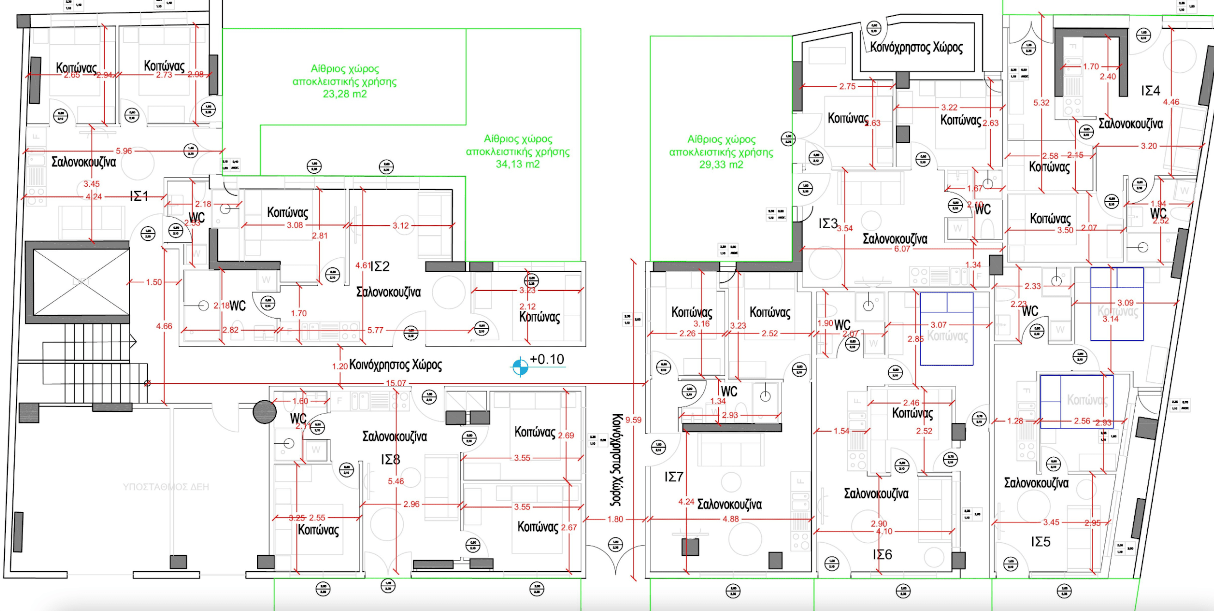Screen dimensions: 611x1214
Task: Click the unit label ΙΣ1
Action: [139, 196]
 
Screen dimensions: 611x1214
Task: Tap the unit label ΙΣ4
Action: [1150, 90]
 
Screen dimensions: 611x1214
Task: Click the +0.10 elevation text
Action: [547, 359]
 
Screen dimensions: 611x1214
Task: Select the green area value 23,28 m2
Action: [345, 94]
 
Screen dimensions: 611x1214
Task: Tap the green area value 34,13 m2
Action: [518, 164]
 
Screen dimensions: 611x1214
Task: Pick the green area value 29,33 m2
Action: [721, 164]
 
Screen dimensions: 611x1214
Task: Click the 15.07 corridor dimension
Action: [395, 383]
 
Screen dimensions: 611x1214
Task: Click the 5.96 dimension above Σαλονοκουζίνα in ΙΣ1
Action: [124, 151]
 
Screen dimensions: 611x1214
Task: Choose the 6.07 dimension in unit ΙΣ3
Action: [902, 249]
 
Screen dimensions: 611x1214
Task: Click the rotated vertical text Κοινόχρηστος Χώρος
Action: [616, 460]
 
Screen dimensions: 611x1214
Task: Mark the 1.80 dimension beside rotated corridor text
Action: [615, 519]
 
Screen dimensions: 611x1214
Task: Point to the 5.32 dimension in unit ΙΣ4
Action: [1041, 102]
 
